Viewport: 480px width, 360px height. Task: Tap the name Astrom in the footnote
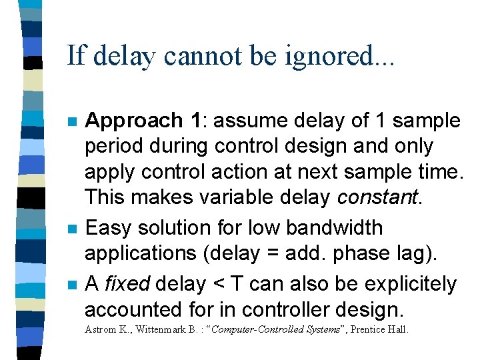101,329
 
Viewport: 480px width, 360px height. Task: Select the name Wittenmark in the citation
163,329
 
